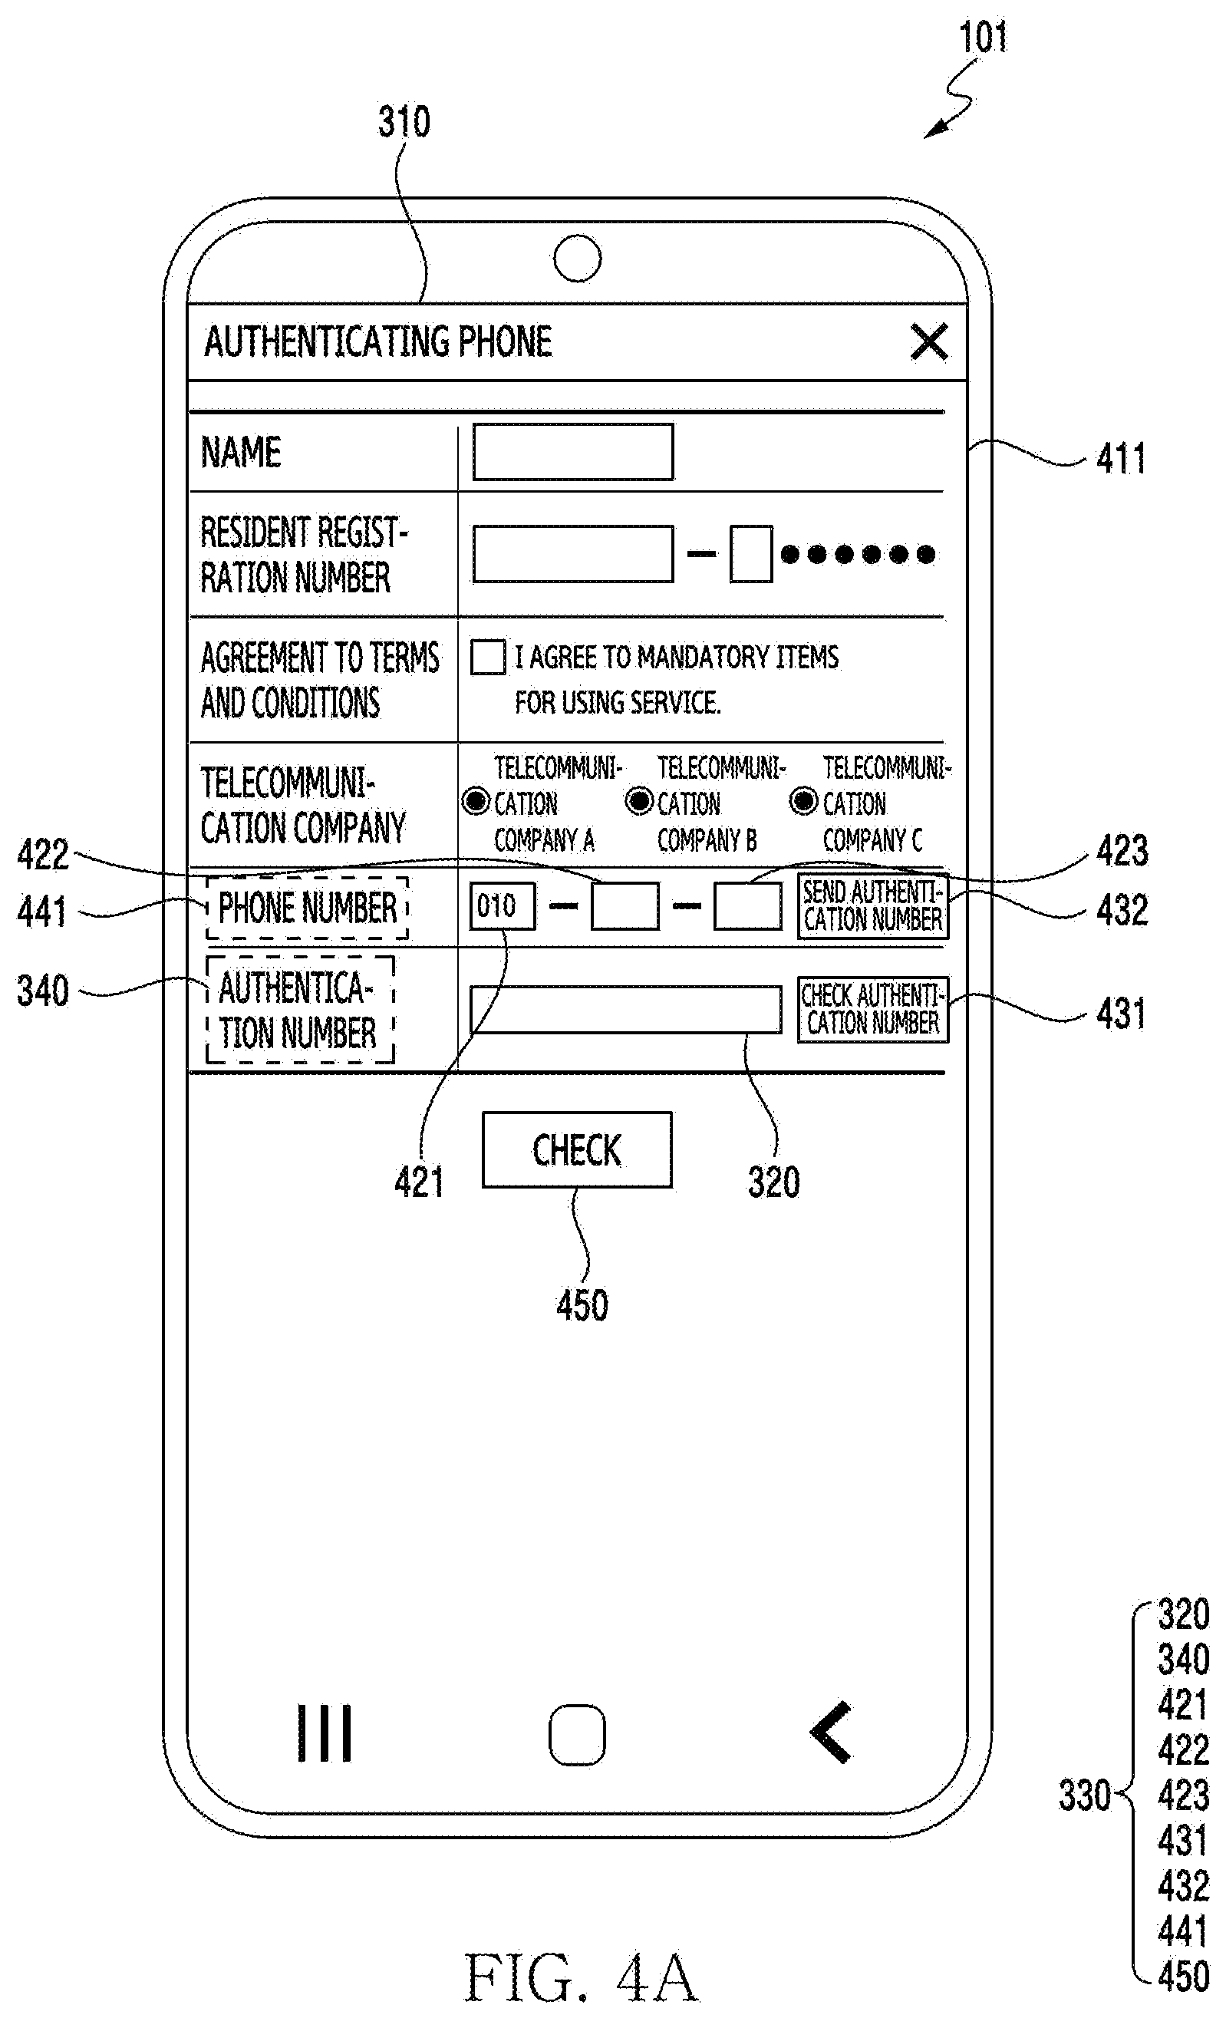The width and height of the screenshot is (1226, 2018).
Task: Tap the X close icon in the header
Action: pyautogui.click(x=930, y=341)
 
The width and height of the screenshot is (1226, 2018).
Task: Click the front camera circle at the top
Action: pyautogui.click(x=578, y=258)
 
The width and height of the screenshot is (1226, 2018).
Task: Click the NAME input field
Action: pyautogui.click(x=573, y=451)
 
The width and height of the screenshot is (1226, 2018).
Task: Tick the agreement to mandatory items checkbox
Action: pyautogui.click(x=488, y=658)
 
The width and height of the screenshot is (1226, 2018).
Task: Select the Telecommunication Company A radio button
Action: pyautogui.click(x=476, y=801)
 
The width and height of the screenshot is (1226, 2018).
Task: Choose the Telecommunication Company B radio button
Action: pyautogui.click(x=640, y=801)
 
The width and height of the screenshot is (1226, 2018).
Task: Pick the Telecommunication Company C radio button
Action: pyautogui.click(x=804, y=801)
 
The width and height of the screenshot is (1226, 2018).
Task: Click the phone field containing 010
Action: pyautogui.click(x=503, y=906)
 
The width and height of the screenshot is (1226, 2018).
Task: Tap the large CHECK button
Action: pyautogui.click(x=578, y=1150)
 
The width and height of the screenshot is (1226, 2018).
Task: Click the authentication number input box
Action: pyautogui.click(x=626, y=1010)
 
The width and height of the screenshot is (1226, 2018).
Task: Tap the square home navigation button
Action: pyautogui.click(x=578, y=1734)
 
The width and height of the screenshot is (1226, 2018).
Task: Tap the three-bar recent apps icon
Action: pyautogui.click(x=325, y=1733)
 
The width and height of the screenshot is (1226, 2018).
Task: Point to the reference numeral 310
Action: pyautogui.click(x=404, y=122)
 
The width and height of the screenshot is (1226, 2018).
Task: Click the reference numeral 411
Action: pyautogui.click(x=1122, y=458)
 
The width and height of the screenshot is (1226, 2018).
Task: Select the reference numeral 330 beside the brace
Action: pyautogui.click(x=1084, y=1795)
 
